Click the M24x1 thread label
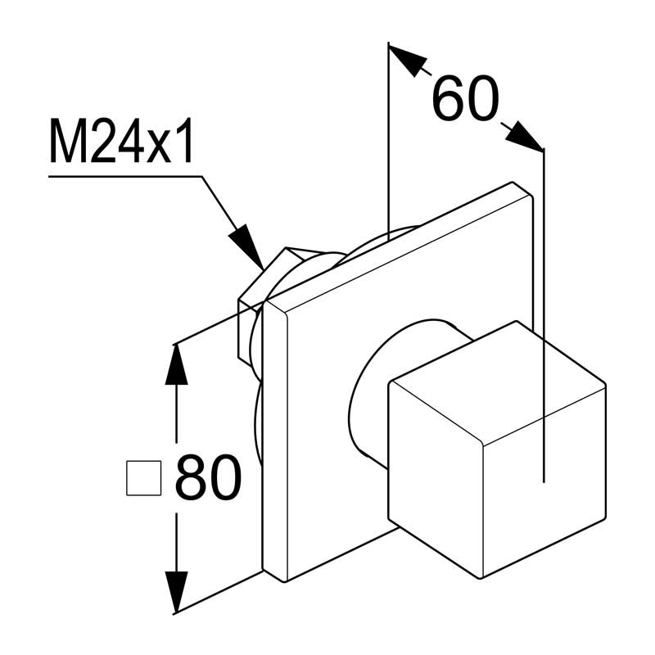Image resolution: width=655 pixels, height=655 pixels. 121,141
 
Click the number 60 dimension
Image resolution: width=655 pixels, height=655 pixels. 465,98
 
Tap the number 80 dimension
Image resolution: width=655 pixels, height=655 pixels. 209,477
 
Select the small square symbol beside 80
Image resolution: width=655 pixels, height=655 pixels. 144,478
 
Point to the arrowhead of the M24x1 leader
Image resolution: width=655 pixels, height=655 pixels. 246,247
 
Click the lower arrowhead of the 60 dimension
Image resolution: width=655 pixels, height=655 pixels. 523,135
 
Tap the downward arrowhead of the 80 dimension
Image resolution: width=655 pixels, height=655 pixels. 176,592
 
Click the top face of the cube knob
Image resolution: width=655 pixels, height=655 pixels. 497,382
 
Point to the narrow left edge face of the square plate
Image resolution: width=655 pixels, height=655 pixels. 275,440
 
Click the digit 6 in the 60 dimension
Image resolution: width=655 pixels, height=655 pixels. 448,98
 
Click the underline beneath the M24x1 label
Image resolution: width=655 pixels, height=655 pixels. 126,177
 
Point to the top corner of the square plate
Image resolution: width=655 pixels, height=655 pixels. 513,183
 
